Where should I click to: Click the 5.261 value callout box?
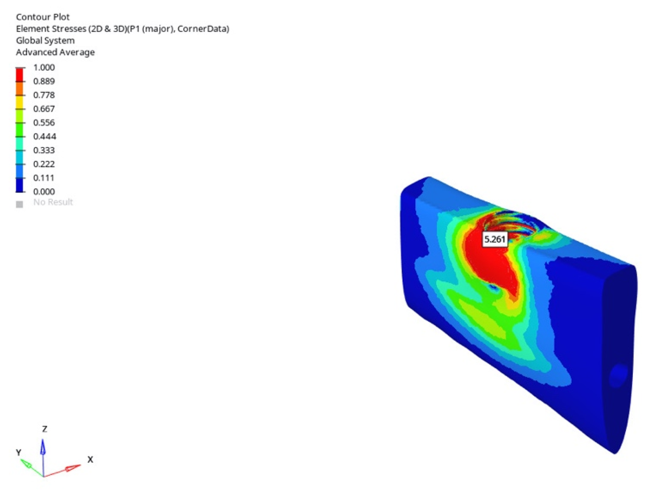[494, 239]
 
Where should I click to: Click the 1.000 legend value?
[44, 68]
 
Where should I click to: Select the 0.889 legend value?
[44, 81]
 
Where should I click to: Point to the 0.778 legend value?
[44, 95]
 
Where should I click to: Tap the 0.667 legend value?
[44, 109]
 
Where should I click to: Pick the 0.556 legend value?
[44, 123]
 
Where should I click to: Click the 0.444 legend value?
[45, 137]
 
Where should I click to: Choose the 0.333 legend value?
[44, 150]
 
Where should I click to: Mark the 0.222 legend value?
[44, 164]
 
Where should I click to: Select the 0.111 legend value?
[44, 178]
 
